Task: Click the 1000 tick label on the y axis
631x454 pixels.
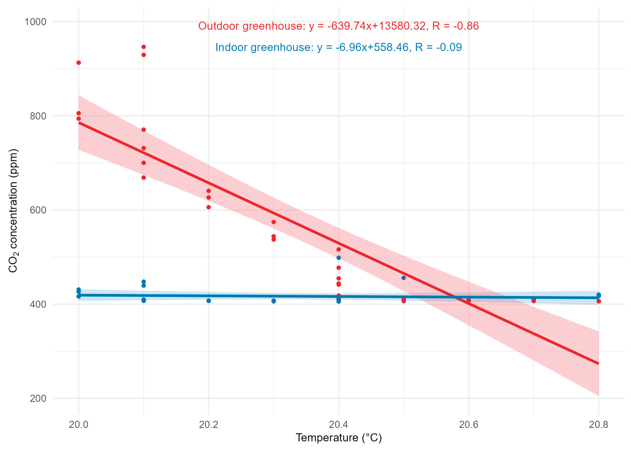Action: [35, 22]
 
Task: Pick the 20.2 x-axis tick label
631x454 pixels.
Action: [208, 425]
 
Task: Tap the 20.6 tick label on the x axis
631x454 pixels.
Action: [469, 425]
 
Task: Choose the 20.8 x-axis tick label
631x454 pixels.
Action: [599, 425]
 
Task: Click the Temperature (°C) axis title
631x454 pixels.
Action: [339, 438]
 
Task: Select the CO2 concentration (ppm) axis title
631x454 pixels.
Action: [13, 211]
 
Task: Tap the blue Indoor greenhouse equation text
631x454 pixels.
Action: [338, 47]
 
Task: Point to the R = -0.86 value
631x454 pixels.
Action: [456, 26]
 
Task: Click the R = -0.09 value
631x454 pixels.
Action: [439, 47]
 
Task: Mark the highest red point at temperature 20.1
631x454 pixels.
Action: [144, 47]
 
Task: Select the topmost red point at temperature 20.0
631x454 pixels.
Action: [79, 63]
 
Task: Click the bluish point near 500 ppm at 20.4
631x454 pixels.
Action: [339, 258]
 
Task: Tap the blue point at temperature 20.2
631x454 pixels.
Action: [209, 301]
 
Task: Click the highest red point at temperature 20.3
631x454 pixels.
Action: [274, 222]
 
